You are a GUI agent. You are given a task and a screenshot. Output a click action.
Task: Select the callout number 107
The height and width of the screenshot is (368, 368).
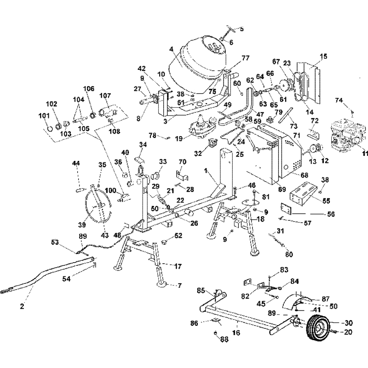pyautogui.click(x=105, y=96)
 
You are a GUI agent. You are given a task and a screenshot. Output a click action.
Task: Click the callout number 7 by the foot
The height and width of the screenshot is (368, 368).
pyautogui.click(x=180, y=285)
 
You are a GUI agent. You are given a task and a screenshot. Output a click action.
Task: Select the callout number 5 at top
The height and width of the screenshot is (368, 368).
pyautogui.click(x=242, y=29)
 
